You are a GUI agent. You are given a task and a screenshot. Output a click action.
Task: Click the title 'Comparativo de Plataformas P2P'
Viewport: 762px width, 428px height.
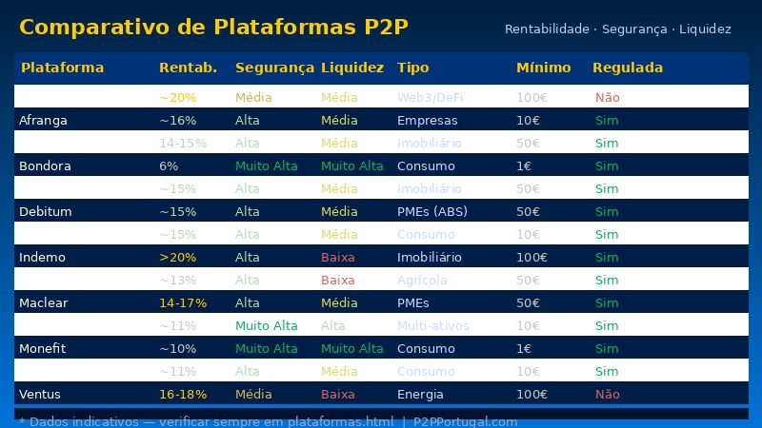point(213,28)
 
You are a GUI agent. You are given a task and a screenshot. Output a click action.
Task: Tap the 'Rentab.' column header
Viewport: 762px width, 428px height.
point(188,68)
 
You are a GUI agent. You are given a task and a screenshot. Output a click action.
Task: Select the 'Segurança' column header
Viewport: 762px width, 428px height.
point(274,68)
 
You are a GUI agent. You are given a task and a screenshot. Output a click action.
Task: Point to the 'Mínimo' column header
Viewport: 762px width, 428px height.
point(543,68)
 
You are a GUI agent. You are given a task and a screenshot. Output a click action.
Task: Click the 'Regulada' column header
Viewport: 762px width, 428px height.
point(627,68)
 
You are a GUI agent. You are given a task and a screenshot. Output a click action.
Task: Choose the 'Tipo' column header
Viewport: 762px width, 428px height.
point(412,68)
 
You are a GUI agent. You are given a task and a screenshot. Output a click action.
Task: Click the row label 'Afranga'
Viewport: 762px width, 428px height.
point(43,121)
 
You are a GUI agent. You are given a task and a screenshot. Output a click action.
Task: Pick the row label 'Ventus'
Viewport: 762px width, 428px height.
point(41,394)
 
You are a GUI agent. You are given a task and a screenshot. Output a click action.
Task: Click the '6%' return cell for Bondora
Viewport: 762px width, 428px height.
point(169,165)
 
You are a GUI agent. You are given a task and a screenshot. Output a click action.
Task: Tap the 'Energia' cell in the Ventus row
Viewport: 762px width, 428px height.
point(420,394)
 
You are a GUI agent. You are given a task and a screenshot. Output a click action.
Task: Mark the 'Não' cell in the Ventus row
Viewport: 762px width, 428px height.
point(607,394)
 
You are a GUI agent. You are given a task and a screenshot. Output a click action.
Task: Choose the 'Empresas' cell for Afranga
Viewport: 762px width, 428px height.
point(427,121)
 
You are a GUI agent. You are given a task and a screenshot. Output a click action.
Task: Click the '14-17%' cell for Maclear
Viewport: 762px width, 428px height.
point(183,302)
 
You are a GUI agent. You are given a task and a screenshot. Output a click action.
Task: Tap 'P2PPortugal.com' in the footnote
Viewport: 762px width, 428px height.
point(465,421)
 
